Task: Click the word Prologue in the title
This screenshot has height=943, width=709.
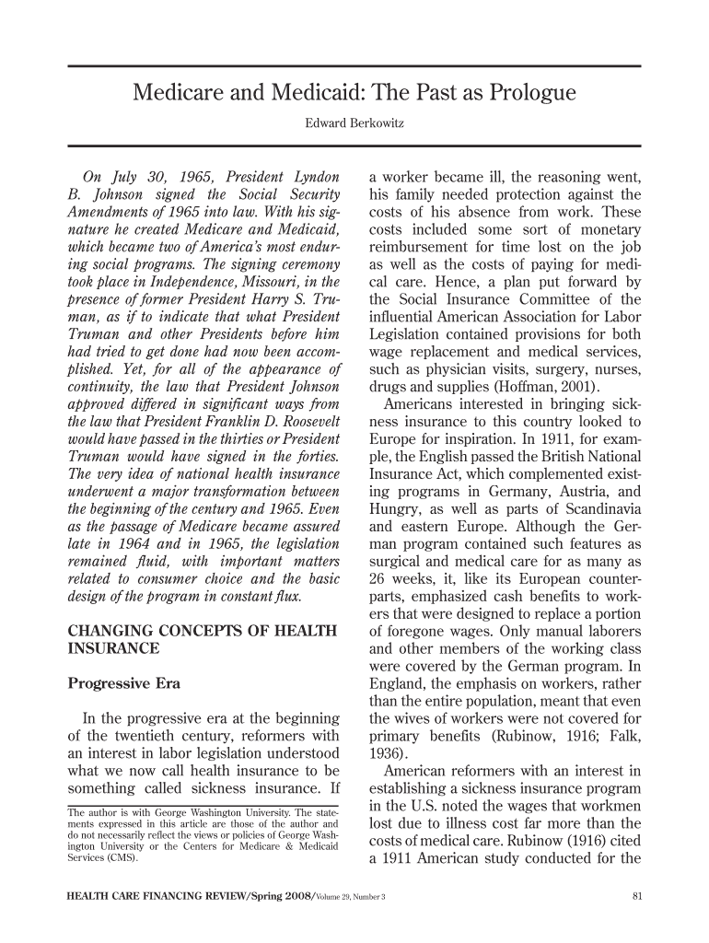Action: [x=526, y=93]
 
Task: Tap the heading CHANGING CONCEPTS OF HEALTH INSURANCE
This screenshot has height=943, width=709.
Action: [x=204, y=639]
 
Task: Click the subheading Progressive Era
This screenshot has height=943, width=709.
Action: [x=125, y=684]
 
